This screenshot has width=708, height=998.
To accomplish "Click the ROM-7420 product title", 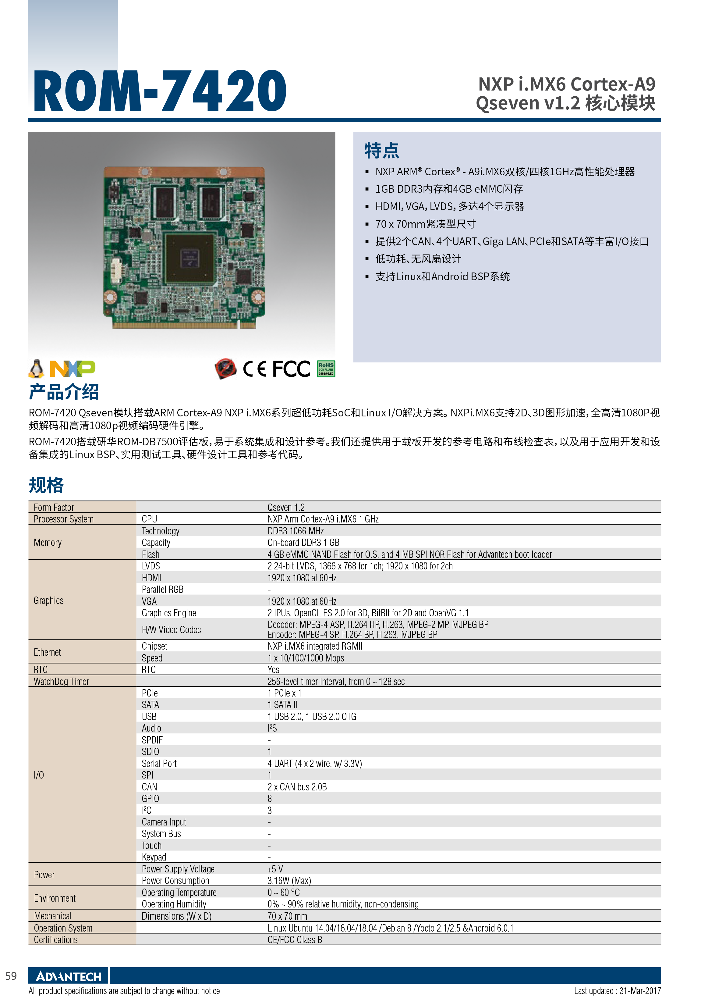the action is pyautogui.click(x=160, y=91).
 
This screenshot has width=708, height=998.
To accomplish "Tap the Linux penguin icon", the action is pyautogui.click(x=37, y=369).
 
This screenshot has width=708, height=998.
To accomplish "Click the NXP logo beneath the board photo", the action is pyautogui.click(x=73, y=369).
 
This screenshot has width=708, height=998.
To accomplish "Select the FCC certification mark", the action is pyautogui.click(x=291, y=369).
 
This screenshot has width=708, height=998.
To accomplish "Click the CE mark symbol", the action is pyautogui.click(x=255, y=369).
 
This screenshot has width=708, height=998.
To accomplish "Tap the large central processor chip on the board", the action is pyautogui.click(x=189, y=258).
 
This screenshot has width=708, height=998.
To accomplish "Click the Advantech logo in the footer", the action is pyautogui.click(x=69, y=976).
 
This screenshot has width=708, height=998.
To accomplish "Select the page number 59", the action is pyautogui.click(x=11, y=976).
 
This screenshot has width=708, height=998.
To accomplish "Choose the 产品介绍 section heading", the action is pyautogui.click(x=64, y=392).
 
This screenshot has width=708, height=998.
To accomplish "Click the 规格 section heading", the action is pyautogui.click(x=46, y=485).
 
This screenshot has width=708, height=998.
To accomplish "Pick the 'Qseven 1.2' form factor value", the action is pyautogui.click(x=286, y=507).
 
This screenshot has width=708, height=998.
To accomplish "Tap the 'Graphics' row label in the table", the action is pyautogui.click(x=48, y=600).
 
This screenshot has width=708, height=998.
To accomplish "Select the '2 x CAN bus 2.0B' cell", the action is pyautogui.click(x=297, y=787).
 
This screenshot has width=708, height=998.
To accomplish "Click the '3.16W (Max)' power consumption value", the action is pyautogui.click(x=289, y=881).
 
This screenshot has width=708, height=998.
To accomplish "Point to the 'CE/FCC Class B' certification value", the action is pyautogui.click(x=295, y=939).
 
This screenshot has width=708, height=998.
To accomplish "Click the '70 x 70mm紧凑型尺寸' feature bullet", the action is pyautogui.click(x=426, y=224).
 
